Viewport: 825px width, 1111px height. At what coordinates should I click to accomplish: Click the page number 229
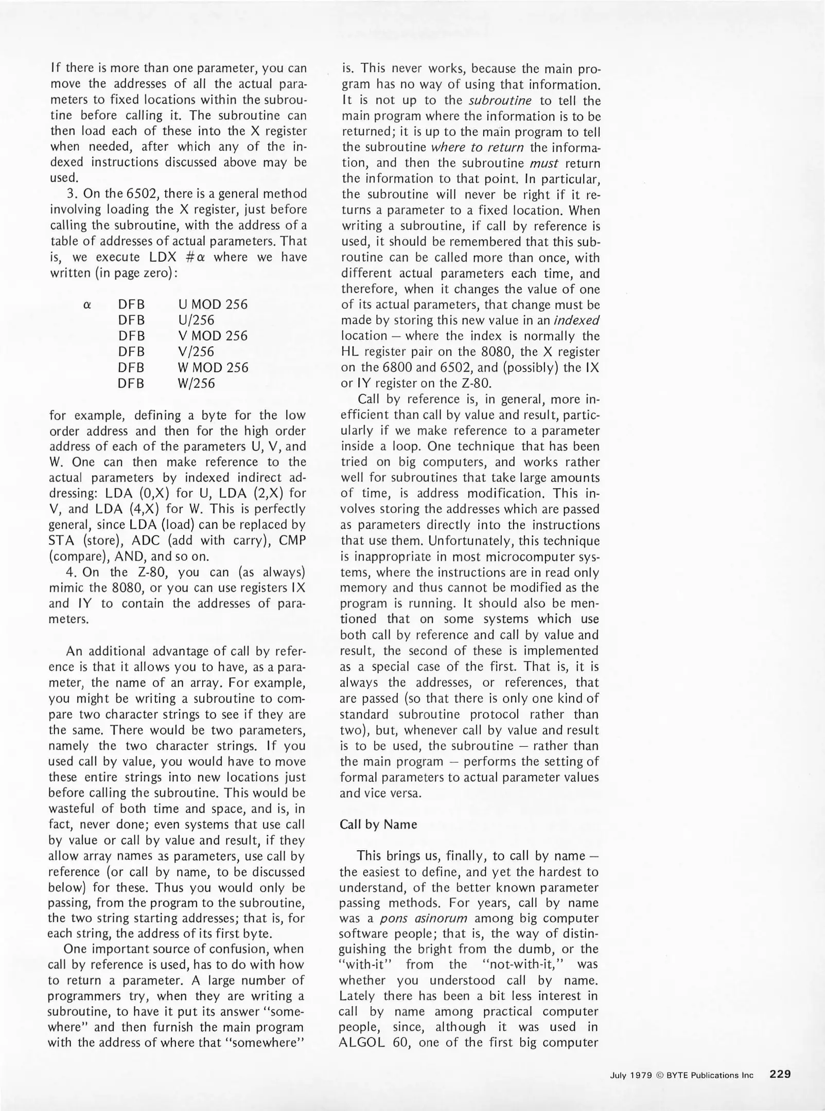[780, 1074]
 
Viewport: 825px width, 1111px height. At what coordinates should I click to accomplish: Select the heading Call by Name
[378, 825]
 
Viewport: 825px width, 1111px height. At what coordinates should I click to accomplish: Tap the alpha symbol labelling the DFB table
[87, 304]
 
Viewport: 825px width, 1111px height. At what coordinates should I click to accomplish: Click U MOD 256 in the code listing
[213, 304]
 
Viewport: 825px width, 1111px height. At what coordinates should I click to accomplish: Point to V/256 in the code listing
[196, 352]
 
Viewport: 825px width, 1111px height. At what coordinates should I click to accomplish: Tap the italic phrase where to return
[477, 148]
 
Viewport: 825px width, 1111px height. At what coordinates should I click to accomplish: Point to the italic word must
[544, 164]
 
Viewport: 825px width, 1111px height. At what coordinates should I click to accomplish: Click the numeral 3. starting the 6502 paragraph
[72, 194]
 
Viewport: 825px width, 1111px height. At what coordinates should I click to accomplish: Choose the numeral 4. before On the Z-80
[72, 572]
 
